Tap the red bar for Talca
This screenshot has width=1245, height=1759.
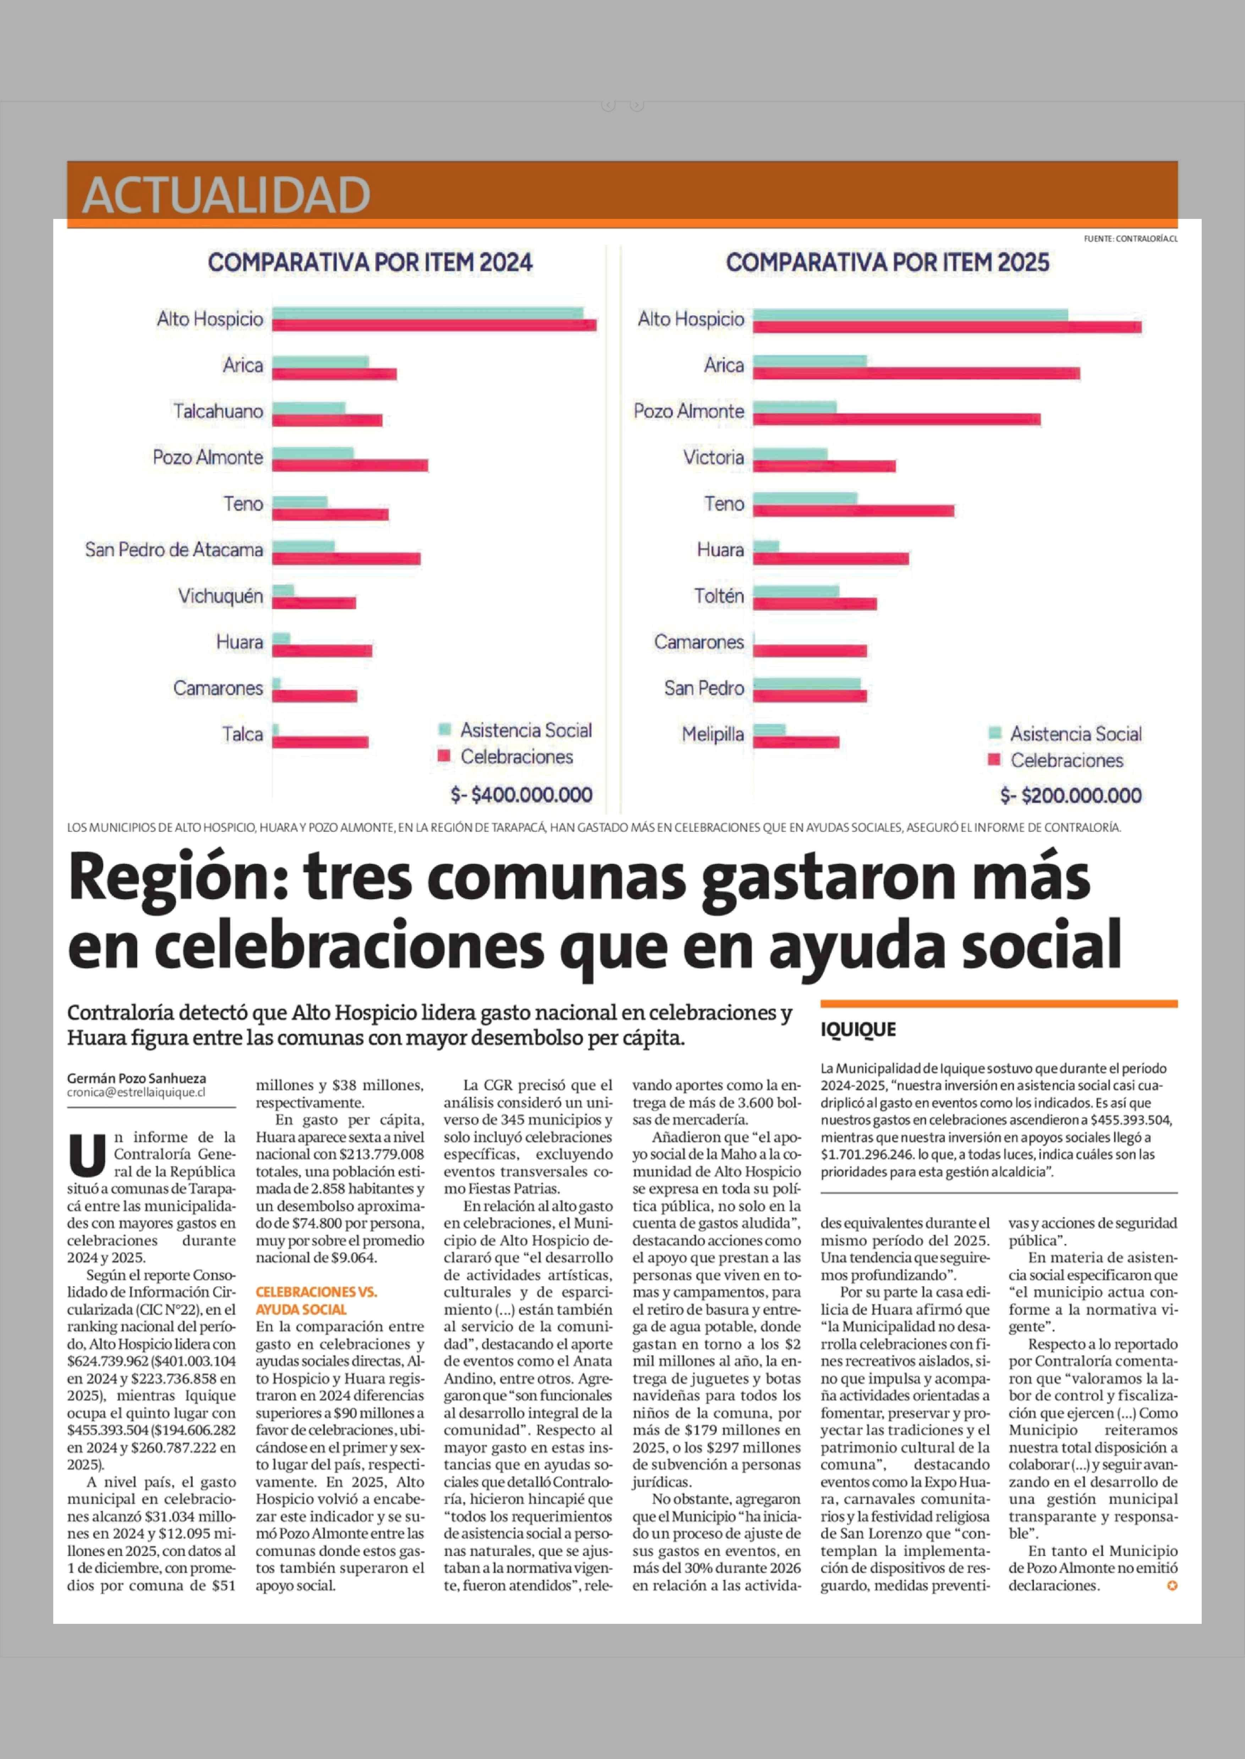(x=320, y=742)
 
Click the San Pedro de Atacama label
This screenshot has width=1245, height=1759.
(x=174, y=550)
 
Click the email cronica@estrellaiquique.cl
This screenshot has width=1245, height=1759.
(x=136, y=1092)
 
